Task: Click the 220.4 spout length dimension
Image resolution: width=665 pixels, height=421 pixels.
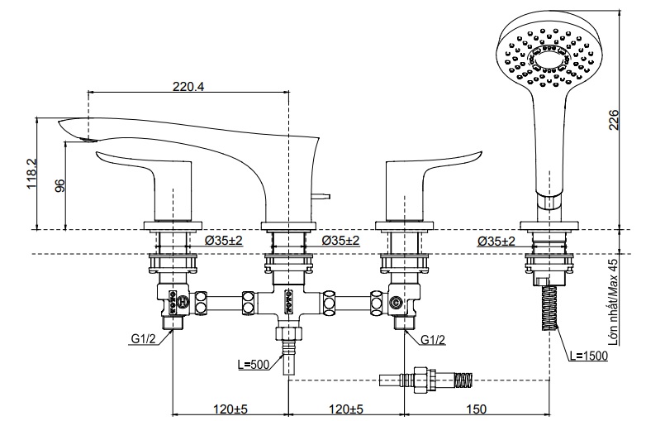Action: [x=190, y=85]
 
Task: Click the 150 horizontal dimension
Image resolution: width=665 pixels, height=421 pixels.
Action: [x=477, y=409]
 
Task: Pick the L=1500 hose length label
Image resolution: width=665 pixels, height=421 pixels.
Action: [x=589, y=356]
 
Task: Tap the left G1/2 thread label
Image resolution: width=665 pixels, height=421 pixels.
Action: [x=142, y=339]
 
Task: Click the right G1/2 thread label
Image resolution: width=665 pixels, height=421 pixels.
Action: [x=434, y=339]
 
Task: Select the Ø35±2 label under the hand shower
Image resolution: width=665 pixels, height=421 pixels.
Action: [x=496, y=241]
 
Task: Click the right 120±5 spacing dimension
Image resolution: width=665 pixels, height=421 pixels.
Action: [x=345, y=409]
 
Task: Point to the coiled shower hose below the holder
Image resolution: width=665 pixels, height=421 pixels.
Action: [x=550, y=309]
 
